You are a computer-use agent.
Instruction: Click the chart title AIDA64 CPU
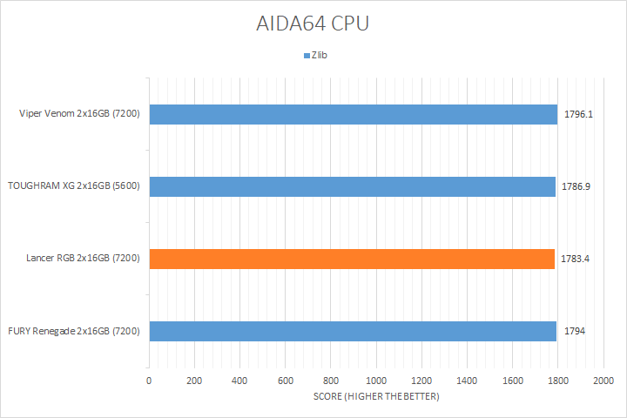tap(313, 24)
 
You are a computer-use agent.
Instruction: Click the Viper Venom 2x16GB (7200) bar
tap(353, 114)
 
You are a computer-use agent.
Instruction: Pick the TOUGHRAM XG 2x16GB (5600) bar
tap(352, 186)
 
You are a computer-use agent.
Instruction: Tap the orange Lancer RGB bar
tap(352, 259)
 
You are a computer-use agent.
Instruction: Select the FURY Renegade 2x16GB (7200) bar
tap(353, 331)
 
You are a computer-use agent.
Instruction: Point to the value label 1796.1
tap(578, 114)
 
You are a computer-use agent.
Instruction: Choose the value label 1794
tap(574, 331)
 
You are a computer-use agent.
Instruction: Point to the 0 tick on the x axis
tap(149, 381)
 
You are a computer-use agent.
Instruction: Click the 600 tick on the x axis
tap(286, 381)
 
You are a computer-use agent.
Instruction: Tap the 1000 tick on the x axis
tap(376, 381)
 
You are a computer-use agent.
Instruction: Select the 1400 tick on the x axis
tap(467, 381)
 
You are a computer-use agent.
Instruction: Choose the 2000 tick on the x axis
tap(603, 381)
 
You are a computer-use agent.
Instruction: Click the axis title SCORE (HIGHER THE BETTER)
tap(376, 397)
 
